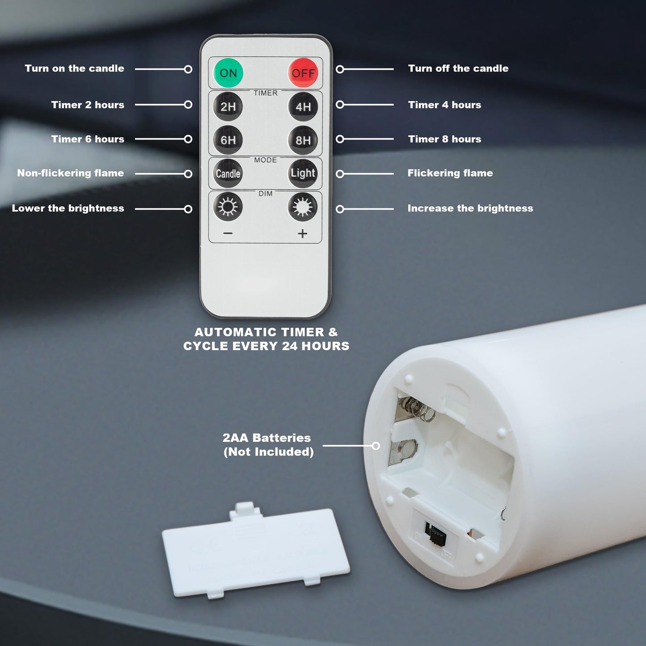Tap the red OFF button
[303, 72]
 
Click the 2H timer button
[228, 106]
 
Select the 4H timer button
[303, 106]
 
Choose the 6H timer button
[228, 140]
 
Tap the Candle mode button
[228, 173]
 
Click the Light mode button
[303, 173]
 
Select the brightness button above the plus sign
[303, 207]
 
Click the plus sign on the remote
[302, 233]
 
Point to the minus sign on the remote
[228, 233]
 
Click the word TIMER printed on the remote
[266, 93]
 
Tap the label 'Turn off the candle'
[458, 68]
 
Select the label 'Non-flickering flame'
[70, 173]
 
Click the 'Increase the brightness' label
[470, 208]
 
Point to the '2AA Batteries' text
[267, 438]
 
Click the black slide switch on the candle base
[435, 533]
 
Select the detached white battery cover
[256, 550]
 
